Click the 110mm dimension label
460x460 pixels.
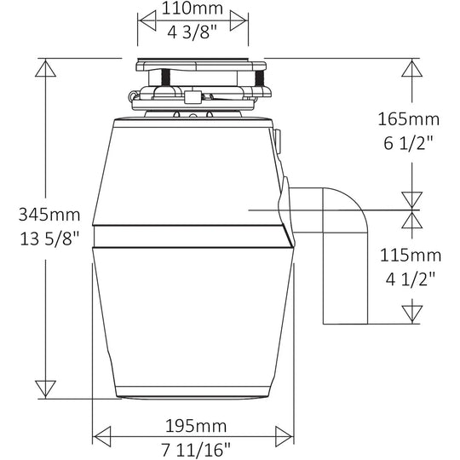tap(193, 9)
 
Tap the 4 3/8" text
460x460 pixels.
tap(193, 32)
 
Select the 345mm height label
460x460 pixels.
tap(49, 215)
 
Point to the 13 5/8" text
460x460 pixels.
tap(50, 239)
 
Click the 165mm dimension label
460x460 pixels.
tap(409, 119)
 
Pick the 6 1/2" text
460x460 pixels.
tap(409, 143)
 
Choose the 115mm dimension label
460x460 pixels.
tap(411, 255)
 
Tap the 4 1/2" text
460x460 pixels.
tap(411, 279)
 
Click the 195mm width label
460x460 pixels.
tap(196, 426)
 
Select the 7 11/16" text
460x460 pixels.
tap(196, 450)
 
